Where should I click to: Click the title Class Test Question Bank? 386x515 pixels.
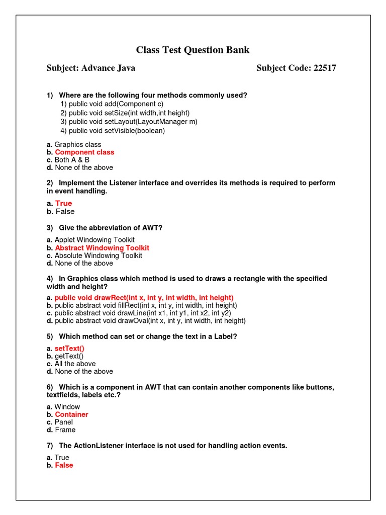click(x=192, y=50)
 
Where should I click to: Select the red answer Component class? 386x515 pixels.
click(x=84, y=152)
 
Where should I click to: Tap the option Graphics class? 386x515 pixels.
click(x=77, y=145)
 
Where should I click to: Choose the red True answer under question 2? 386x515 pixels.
click(x=63, y=204)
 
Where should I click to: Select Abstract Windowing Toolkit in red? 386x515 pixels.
click(x=102, y=248)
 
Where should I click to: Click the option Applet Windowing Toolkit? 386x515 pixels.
click(x=94, y=240)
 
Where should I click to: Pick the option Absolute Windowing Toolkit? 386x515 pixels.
click(x=98, y=255)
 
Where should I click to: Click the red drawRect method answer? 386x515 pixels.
click(x=144, y=298)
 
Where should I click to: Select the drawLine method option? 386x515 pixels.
click(x=143, y=313)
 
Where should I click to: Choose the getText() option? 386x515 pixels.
click(x=69, y=356)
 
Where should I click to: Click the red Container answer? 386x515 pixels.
click(x=71, y=415)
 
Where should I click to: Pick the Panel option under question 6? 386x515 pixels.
click(x=64, y=422)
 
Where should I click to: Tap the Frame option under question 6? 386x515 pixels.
click(x=65, y=430)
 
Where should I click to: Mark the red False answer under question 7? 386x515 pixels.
click(x=64, y=466)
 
